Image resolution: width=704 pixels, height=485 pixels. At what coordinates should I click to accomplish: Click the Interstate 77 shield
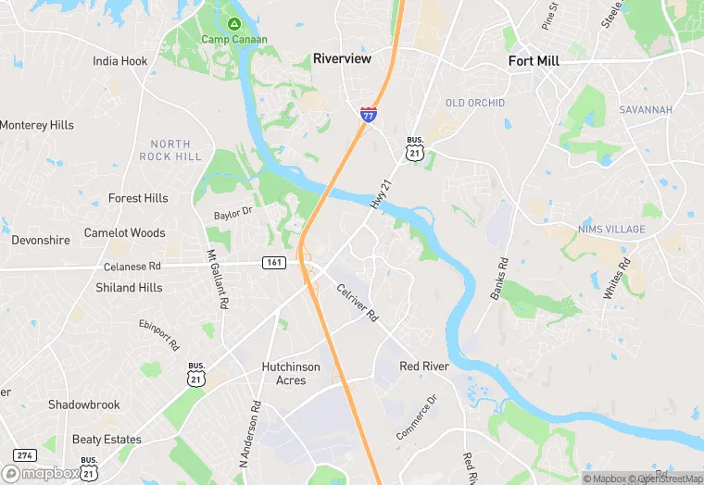[x=369, y=115]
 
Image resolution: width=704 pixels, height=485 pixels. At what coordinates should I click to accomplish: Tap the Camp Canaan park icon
[x=234, y=23]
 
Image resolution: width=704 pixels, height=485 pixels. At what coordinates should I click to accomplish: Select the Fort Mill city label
[x=534, y=61]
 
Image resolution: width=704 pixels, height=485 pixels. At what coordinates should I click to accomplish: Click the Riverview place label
[x=342, y=58]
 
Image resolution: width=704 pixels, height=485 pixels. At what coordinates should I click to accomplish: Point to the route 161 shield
[x=273, y=263]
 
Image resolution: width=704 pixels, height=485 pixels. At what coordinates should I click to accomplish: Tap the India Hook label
[x=119, y=61]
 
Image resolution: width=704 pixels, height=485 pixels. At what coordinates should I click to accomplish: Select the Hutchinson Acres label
[x=291, y=374]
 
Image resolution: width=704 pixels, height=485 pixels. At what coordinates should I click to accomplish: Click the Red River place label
[x=424, y=367]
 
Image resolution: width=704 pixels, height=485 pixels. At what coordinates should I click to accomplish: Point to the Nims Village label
[x=610, y=230]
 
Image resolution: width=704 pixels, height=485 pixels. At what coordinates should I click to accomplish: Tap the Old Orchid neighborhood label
[x=475, y=103]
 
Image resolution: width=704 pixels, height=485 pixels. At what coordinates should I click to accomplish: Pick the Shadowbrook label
[x=84, y=404]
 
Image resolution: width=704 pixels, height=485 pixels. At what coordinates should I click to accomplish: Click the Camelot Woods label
[x=124, y=233]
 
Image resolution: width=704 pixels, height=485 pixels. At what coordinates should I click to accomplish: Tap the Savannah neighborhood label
[x=646, y=110]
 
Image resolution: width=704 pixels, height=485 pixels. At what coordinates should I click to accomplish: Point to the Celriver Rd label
[x=358, y=302]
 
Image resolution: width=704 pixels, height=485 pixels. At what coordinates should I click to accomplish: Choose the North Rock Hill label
[x=170, y=150]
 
